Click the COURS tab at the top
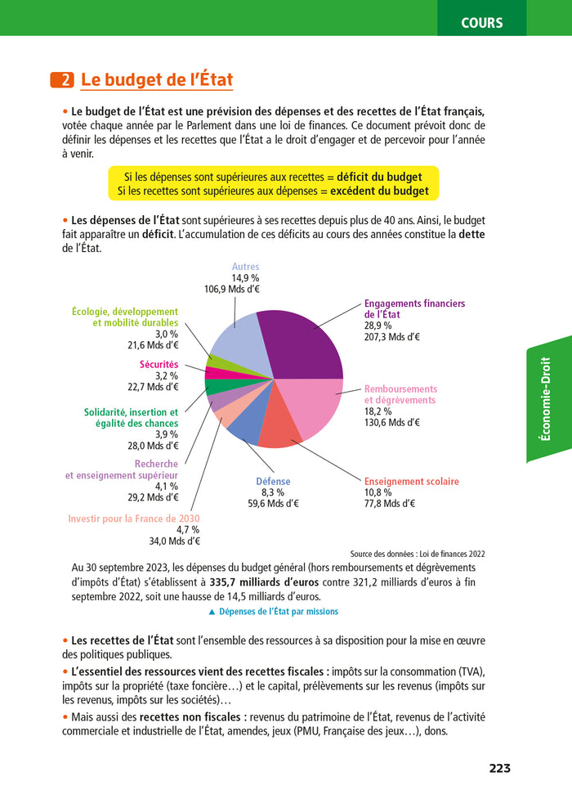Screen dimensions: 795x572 pyautogui.click(x=481, y=23)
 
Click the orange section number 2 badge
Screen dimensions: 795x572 pyautogui.click(x=62, y=80)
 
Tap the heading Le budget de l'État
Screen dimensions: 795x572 pyautogui.click(x=157, y=80)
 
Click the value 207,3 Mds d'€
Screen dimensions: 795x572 pyautogui.click(x=392, y=336)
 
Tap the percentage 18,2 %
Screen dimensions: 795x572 pyautogui.click(x=378, y=411)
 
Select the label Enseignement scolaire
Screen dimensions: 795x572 pyautogui.click(x=411, y=482)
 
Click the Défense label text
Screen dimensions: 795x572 pyautogui.click(x=273, y=482)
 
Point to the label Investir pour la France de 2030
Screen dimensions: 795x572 pyautogui.click(x=133, y=519)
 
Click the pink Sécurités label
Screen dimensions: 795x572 pyautogui.click(x=159, y=365)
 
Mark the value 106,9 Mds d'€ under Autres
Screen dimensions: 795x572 pyautogui.click(x=232, y=289)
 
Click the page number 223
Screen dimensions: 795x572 pyautogui.click(x=499, y=768)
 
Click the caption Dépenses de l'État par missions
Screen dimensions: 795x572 pyautogui.click(x=273, y=612)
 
